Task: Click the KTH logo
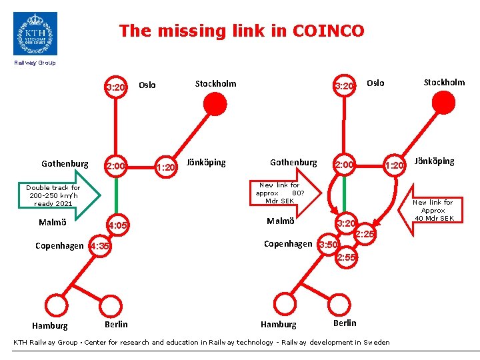click(35, 33)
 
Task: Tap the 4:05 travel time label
click(118, 226)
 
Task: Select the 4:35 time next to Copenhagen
click(99, 247)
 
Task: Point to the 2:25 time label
click(365, 235)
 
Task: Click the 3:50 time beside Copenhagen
click(329, 245)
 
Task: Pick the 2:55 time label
click(347, 257)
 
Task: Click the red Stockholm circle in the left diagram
click(215, 104)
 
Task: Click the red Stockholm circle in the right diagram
click(443, 103)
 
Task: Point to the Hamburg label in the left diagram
click(50, 326)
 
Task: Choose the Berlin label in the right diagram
click(345, 323)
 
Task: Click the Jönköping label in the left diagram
click(206, 163)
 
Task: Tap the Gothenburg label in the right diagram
click(293, 163)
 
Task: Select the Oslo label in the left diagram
click(147, 85)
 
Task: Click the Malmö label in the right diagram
click(281, 221)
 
